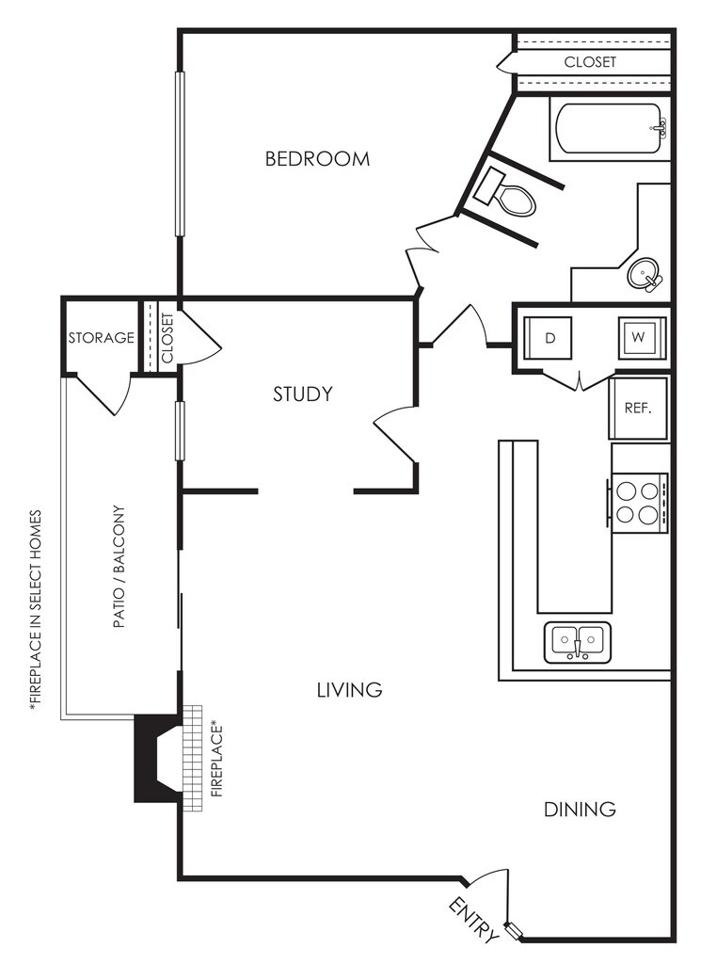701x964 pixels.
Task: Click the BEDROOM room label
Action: [317, 159]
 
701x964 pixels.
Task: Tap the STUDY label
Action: [303, 394]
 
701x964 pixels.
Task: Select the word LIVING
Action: [349, 690]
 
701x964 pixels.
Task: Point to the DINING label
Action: [580, 809]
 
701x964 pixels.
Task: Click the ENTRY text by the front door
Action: [474, 920]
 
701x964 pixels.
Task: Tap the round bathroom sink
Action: [644, 276]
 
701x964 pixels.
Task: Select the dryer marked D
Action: [550, 337]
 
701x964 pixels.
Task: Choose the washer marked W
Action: [638, 337]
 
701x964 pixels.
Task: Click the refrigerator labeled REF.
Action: [638, 410]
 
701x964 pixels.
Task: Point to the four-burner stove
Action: [637, 502]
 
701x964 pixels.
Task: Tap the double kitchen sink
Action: [577, 642]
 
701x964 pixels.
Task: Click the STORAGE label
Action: [101, 338]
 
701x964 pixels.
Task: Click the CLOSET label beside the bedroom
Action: [590, 62]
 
